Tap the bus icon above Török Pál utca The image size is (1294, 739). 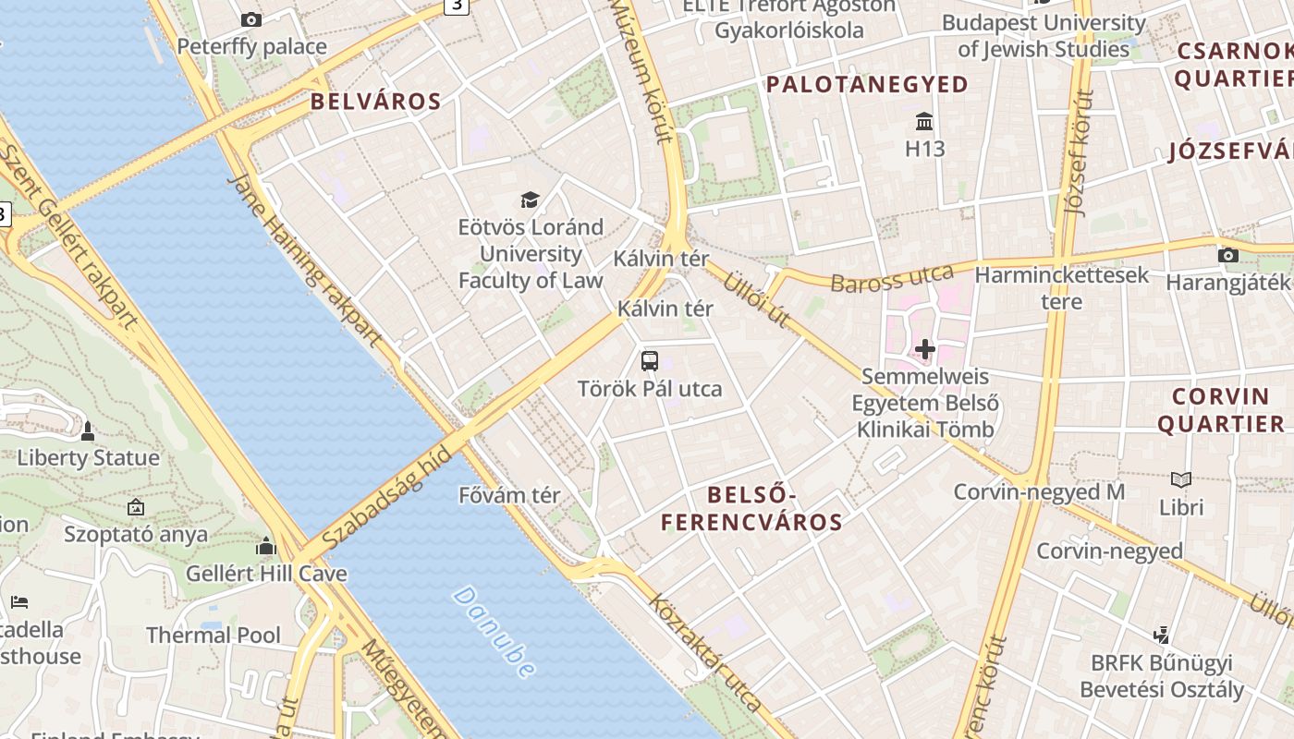tap(650, 361)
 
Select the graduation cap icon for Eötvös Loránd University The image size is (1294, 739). tap(530, 200)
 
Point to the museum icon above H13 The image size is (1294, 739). tap(924, 121)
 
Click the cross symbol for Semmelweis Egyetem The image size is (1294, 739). tap(924, 349)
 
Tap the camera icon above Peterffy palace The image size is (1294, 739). tap(250, 19)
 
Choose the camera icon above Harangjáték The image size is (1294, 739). tap(1227, 256)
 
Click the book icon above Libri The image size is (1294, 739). tap(1181, 479)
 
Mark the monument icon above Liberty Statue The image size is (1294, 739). tap(88, 430)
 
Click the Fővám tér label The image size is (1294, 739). tap(509, 495)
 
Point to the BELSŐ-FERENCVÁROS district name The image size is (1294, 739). tap(751, 508)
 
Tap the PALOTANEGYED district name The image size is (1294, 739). tap(867, 85)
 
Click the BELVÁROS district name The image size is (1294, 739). tap(375, 102)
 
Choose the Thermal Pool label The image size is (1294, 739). tap(214, 636)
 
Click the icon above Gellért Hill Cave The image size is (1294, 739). tap(266, 547)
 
